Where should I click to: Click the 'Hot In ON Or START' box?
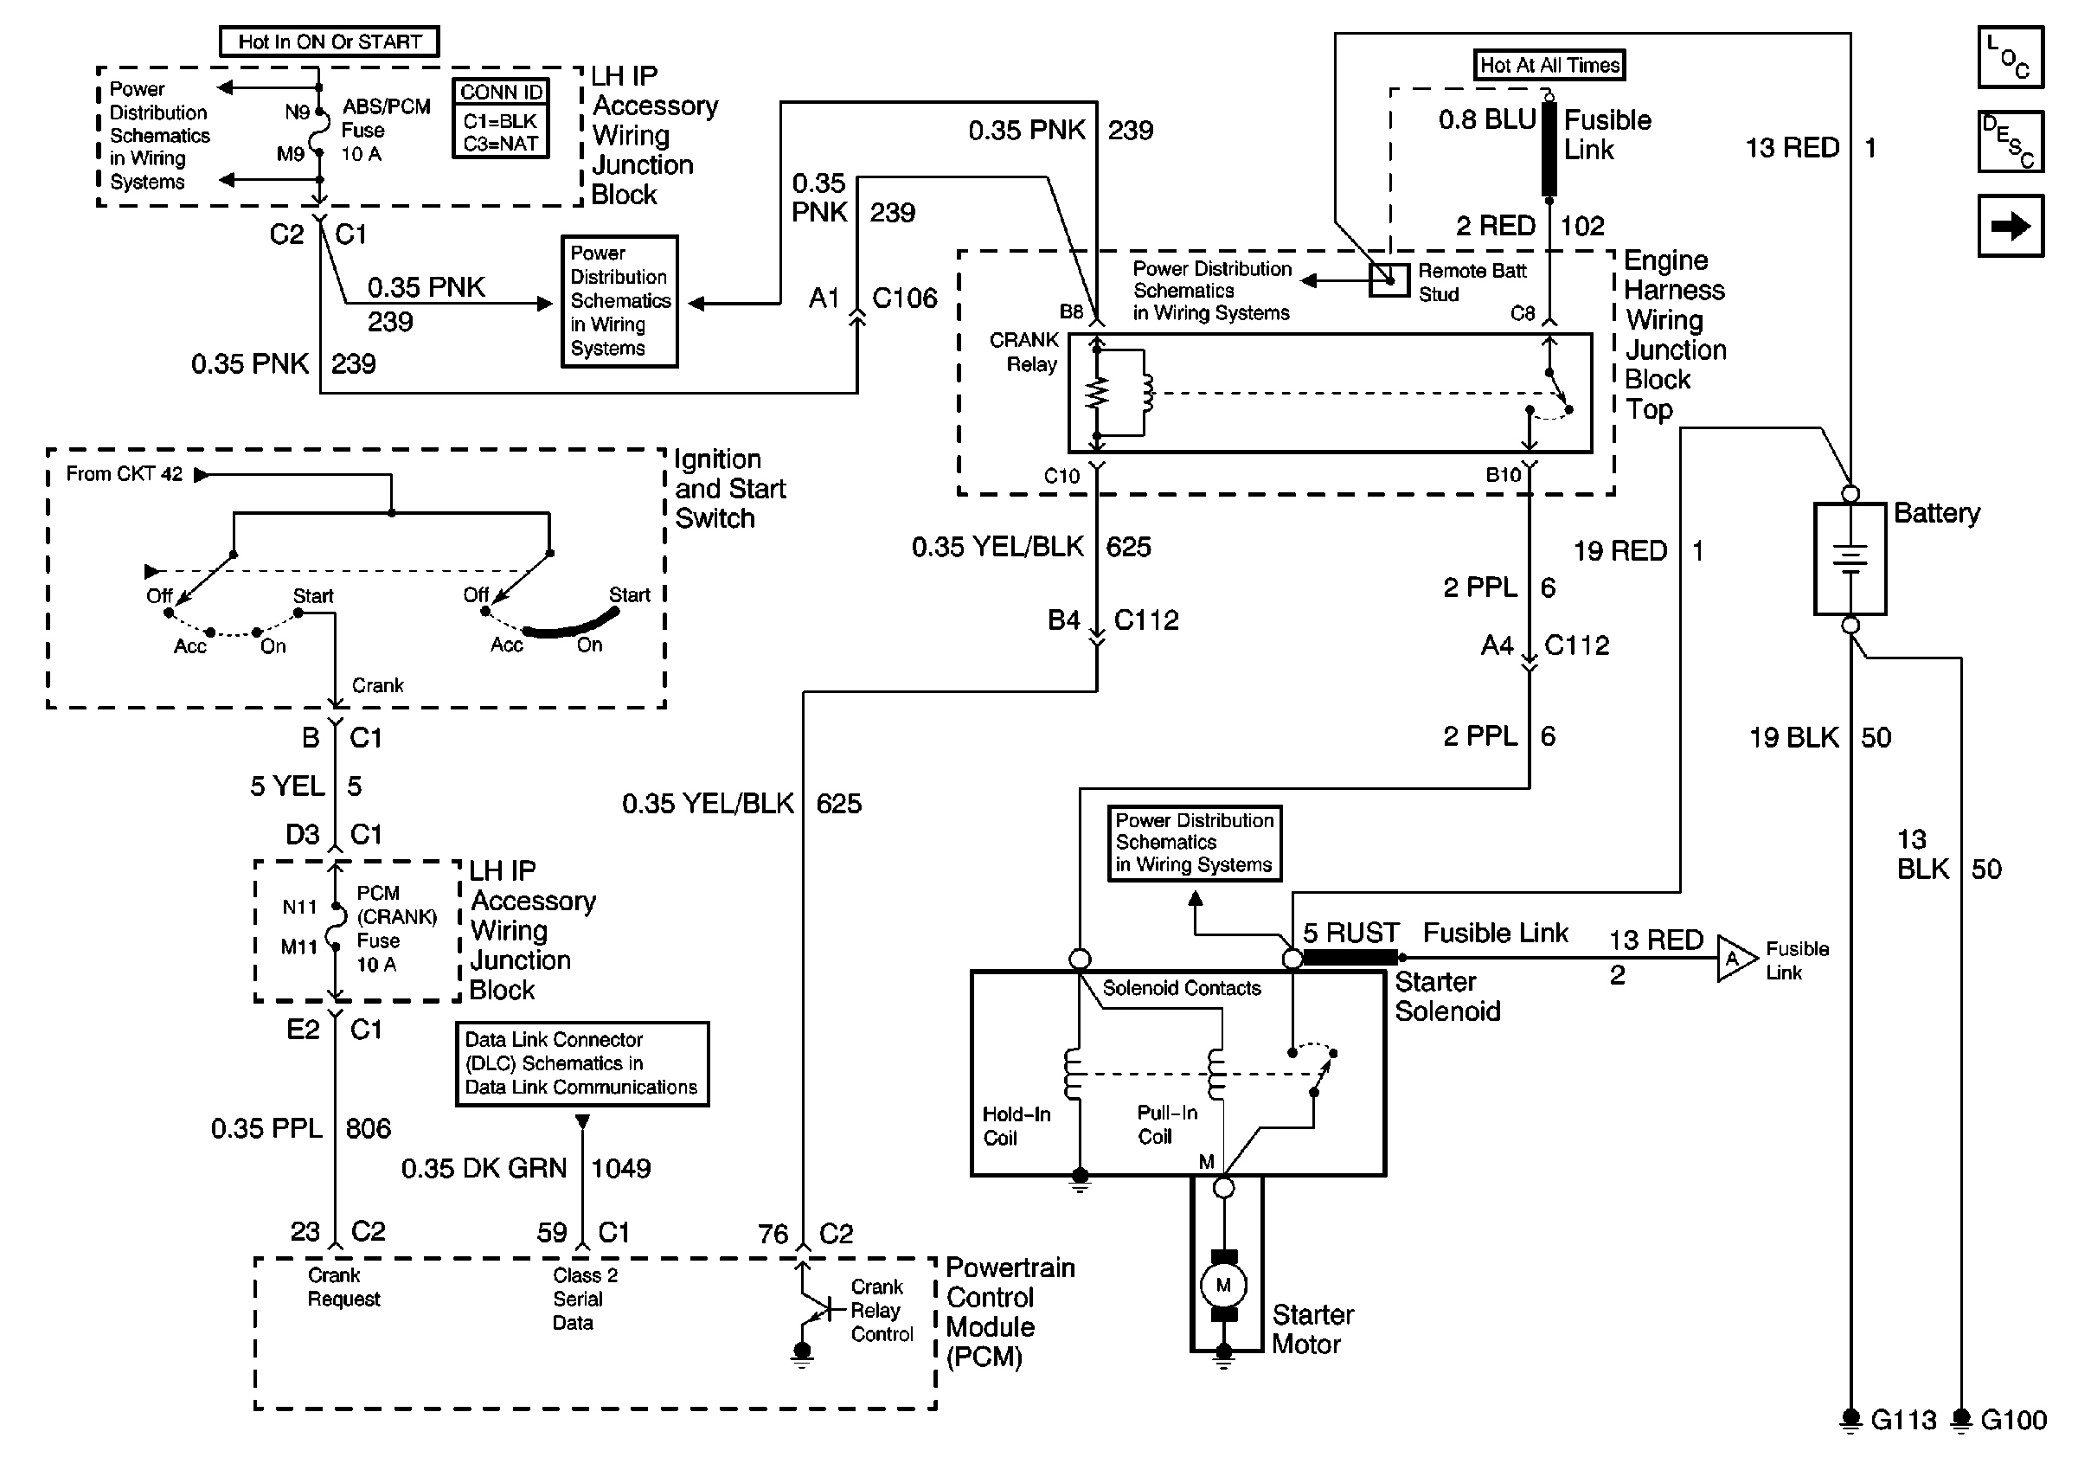click(330, 42)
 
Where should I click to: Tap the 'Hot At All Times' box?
click(1549, 65)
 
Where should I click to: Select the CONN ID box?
click(501, 119)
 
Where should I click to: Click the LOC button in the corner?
click(2011, 57)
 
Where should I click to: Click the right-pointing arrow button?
click(2011, 225)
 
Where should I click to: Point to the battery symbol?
click(1850, 558)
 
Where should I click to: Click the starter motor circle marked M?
click(1223, 1285)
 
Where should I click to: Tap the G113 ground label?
click(1902, 1421)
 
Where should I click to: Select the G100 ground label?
click(2013, 1421)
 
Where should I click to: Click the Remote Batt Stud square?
click(1389, 280)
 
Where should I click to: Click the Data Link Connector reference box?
click(582, 1064)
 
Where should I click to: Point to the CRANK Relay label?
click(1025, 352)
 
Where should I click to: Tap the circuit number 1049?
click(621, 1168)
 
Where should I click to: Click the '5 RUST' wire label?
click(1350, 932)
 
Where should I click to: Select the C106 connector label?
click(904, 298)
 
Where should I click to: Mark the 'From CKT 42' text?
click(124, 474)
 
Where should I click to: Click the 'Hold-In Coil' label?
click(1017, 1126)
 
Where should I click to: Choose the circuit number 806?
click(369, 1128)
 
